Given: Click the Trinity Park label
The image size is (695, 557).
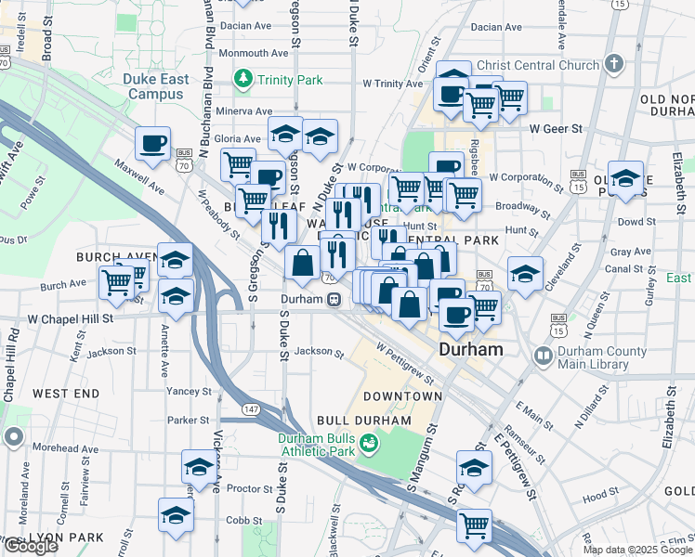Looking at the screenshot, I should coord(291,80).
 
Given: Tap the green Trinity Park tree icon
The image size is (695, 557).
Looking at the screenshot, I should coord(244,79).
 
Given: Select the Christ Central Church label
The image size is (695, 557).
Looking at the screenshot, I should coord(533,65).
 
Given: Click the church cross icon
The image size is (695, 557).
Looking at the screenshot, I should coord(612,64).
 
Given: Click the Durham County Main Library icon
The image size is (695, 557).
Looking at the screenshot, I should coord(542,356).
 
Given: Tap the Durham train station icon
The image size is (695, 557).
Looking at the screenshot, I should coord(332,300).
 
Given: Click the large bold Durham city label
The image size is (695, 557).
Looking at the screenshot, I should coord(471,351).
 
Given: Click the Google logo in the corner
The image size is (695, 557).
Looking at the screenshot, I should coord(30,546).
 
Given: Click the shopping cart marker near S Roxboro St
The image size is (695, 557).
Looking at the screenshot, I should coord(475,525).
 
